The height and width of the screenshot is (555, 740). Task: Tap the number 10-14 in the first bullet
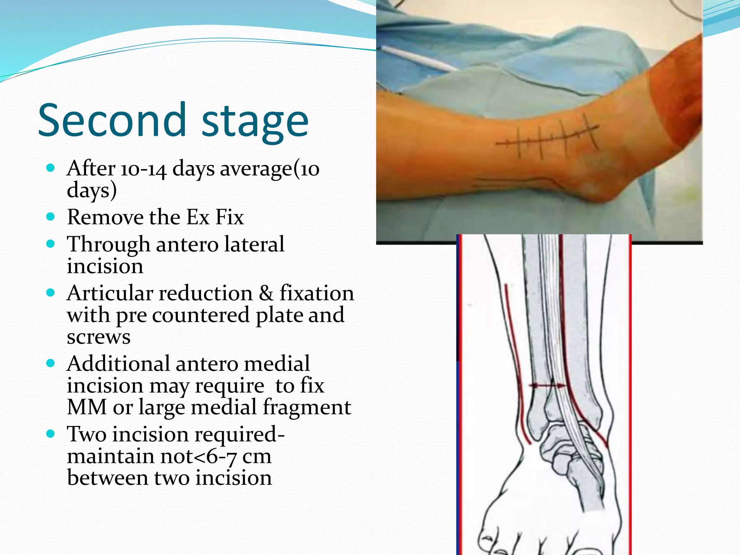(x=143, y=169)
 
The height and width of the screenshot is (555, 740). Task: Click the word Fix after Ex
(x=229, y=217)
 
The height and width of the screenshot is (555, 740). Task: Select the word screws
(x=98, y=337)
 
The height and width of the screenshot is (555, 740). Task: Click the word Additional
(x=118, y=363)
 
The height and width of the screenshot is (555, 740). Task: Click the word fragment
(x=307, y=408)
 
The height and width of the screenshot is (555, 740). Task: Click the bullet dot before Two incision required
(x=51, y=434)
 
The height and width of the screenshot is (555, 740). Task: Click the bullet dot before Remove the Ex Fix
(x=51, y=217)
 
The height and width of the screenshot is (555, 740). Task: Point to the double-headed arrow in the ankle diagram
(x=547, y=386)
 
